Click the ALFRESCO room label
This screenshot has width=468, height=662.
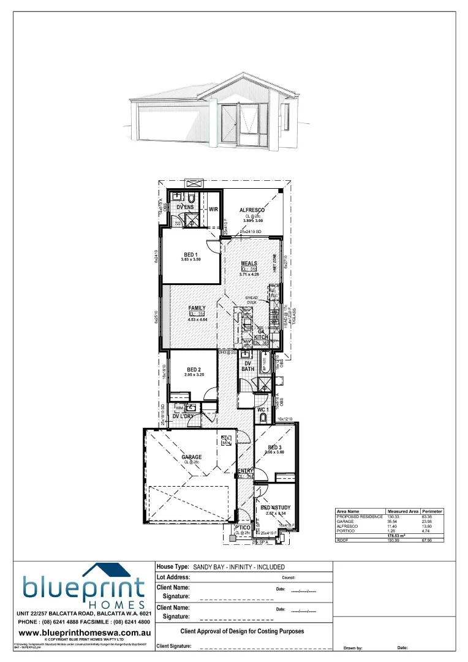tap(251, 210)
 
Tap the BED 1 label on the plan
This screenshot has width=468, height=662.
tap(191, 254)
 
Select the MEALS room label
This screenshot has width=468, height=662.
tap(249, 264)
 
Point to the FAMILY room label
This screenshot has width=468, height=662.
tap(197, 308)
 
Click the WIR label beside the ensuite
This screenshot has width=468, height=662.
tap(213, 209)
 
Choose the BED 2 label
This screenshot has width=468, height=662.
tap(194, 369)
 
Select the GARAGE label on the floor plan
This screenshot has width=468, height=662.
tap(191, 457)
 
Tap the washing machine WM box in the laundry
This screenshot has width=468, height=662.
tap(180, 408)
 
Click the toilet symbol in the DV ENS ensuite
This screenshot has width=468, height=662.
tap(192, 199)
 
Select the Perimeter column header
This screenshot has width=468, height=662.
tap(432, 511)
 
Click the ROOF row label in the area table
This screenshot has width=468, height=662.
tap(343, 541)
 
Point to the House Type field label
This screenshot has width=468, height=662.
tap(173, 568)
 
